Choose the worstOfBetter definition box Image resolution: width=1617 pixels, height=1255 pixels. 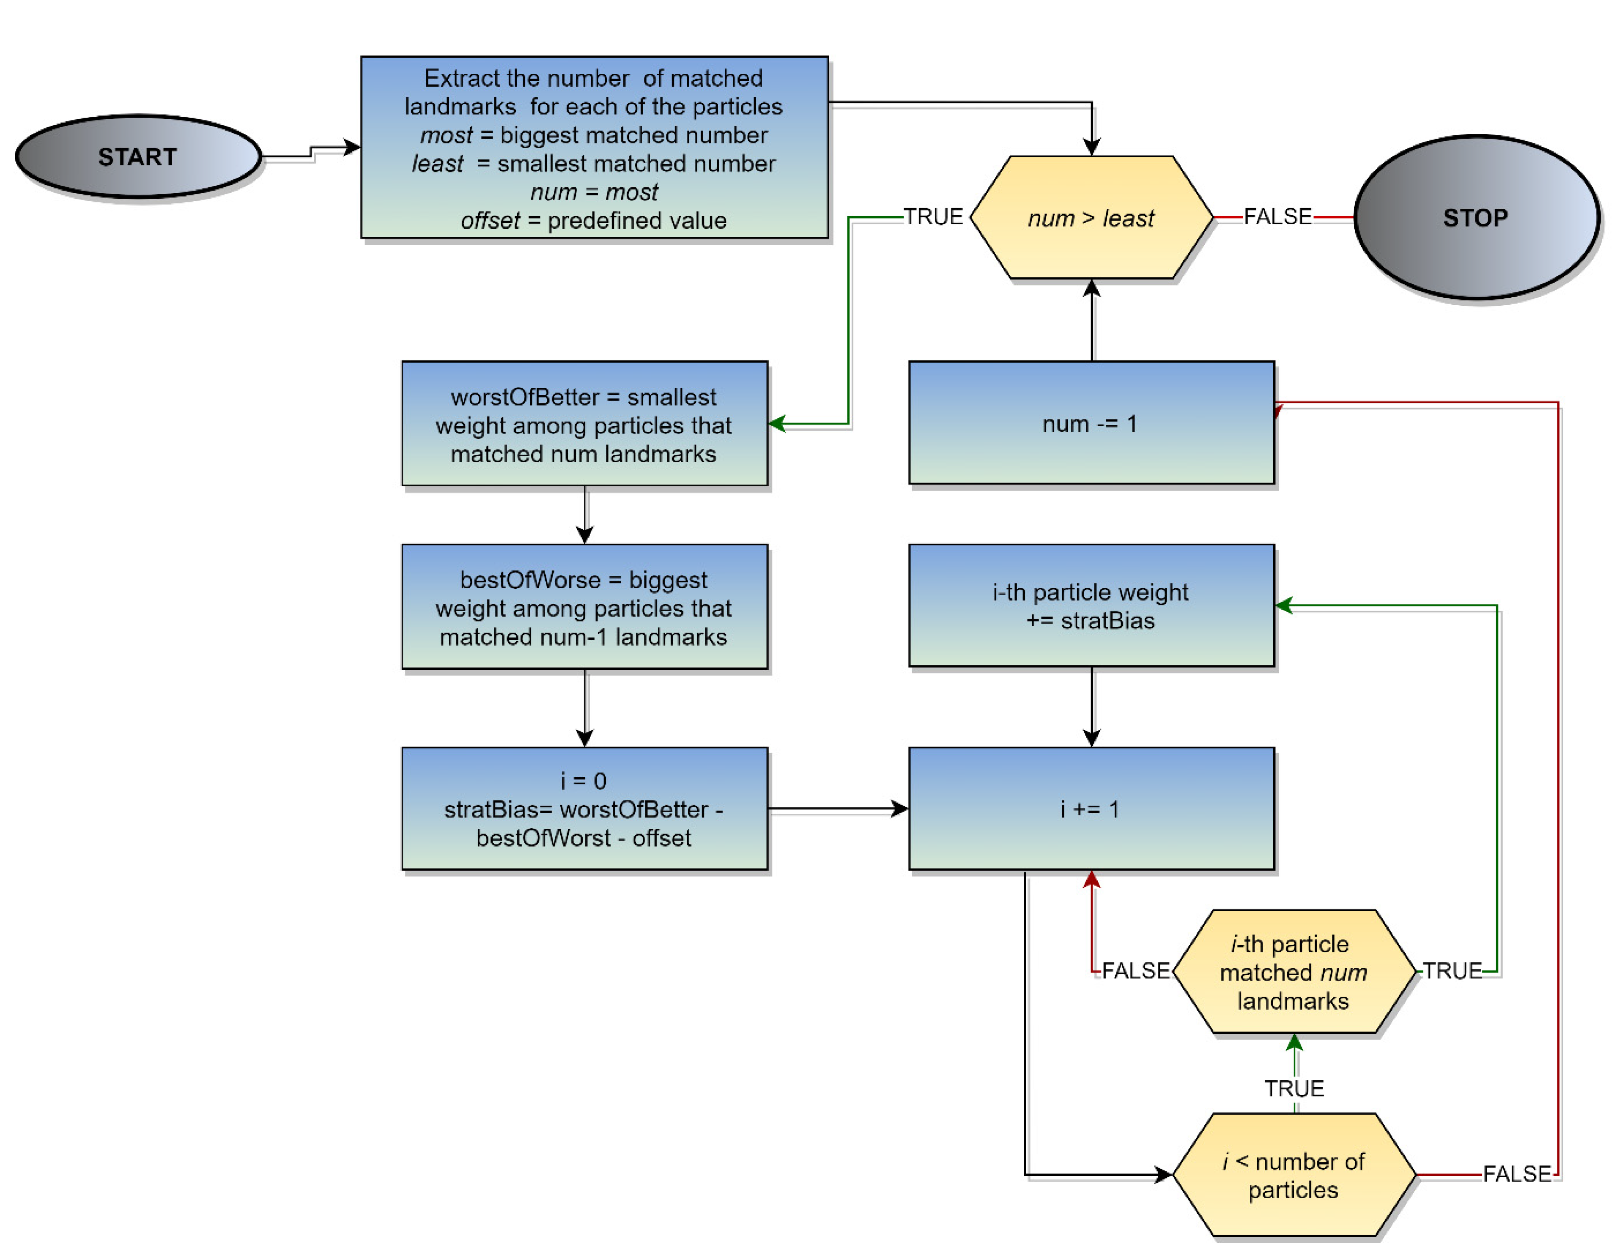584,424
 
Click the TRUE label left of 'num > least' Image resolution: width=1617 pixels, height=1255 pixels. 933,217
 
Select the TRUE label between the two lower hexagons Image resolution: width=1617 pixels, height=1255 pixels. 1294,1088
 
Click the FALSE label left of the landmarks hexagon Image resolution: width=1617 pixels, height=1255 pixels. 1135,971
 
